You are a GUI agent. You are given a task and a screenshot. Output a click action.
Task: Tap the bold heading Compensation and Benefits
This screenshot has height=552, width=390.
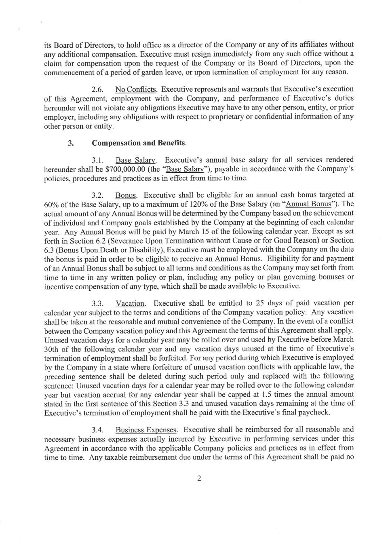139,143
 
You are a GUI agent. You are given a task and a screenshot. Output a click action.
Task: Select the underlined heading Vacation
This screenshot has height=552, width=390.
130,304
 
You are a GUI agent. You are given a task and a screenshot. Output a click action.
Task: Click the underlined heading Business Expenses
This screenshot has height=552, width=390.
146,430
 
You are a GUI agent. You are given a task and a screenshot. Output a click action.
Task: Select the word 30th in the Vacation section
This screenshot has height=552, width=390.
52,349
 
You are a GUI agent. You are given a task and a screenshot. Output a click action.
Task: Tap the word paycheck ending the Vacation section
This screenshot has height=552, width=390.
315,412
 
